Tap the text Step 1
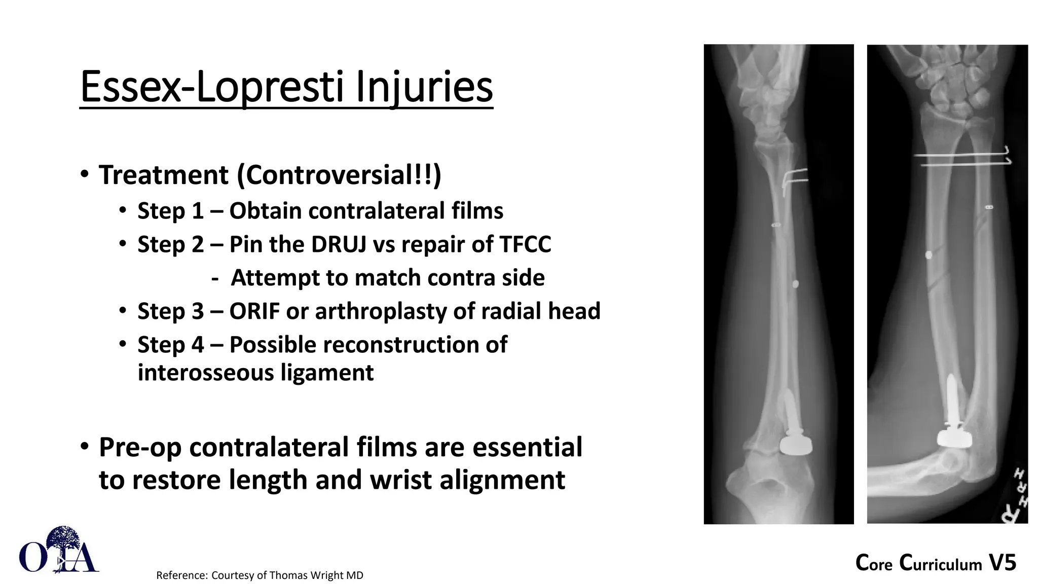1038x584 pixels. [170, 211]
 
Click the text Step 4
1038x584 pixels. [170, 345]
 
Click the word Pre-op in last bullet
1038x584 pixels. [140, 448]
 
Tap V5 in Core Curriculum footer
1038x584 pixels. [1003, 563]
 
